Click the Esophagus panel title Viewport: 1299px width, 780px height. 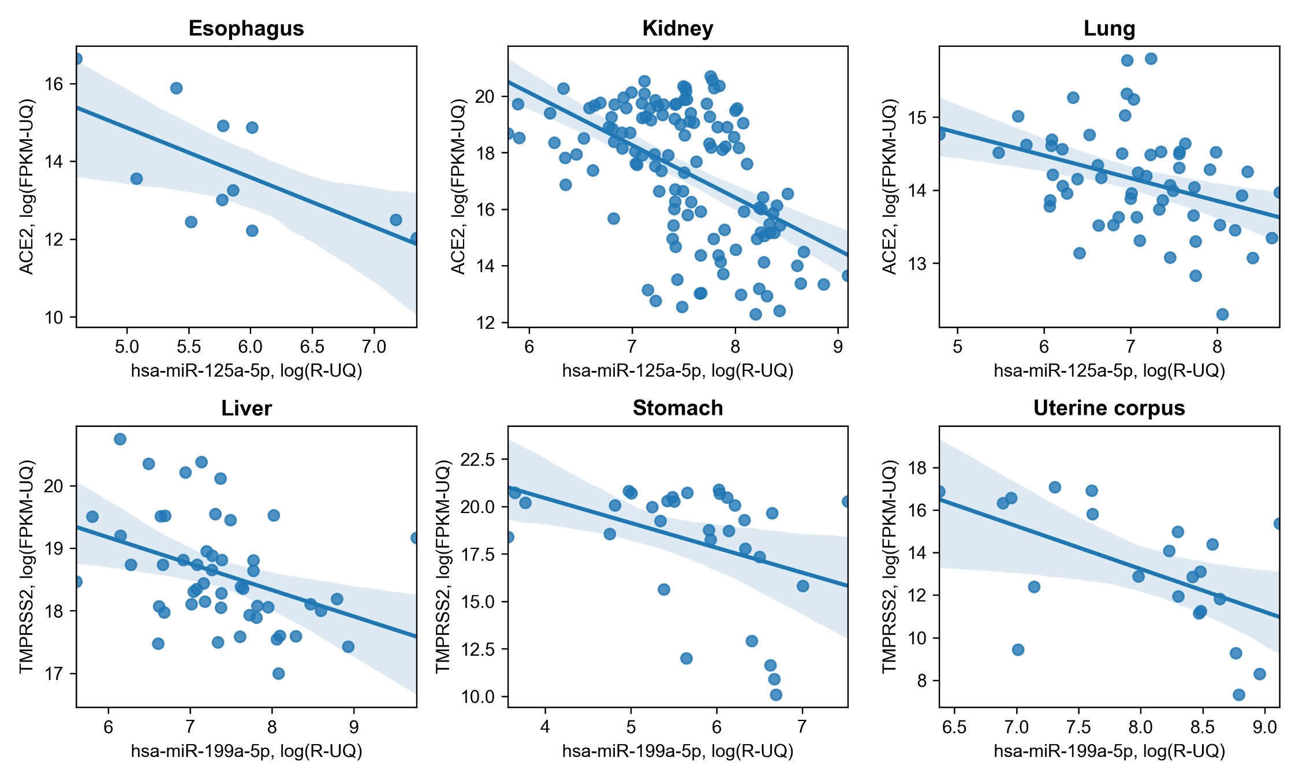click(x=246, y=28)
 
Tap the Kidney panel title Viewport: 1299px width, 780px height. click(x=678, y=28)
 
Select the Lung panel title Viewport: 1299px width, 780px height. click(x=1109, y=28)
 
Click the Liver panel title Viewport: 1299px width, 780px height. click(x=246, y=408)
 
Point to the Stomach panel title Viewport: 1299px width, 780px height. click(x=678, y=408)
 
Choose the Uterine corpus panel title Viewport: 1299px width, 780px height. click(x=1109, y=408)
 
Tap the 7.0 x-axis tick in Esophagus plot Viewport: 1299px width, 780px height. click(x=374, y=347)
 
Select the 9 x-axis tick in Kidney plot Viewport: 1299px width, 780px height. click(x=838, y=347)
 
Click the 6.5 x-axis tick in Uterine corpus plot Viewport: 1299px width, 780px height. click(x=954, y=727)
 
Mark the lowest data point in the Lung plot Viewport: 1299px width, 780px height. click(x=1222, y=314)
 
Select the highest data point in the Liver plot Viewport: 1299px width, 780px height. click(x=120, y=439)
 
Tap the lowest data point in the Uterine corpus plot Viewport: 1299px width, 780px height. click(x=1238, y=694)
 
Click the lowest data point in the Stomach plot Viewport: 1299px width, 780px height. click(x=776, y=694)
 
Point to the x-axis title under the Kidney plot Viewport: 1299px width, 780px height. click(x=678, y=371)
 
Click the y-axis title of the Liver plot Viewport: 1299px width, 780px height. click(x=27, y=566)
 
